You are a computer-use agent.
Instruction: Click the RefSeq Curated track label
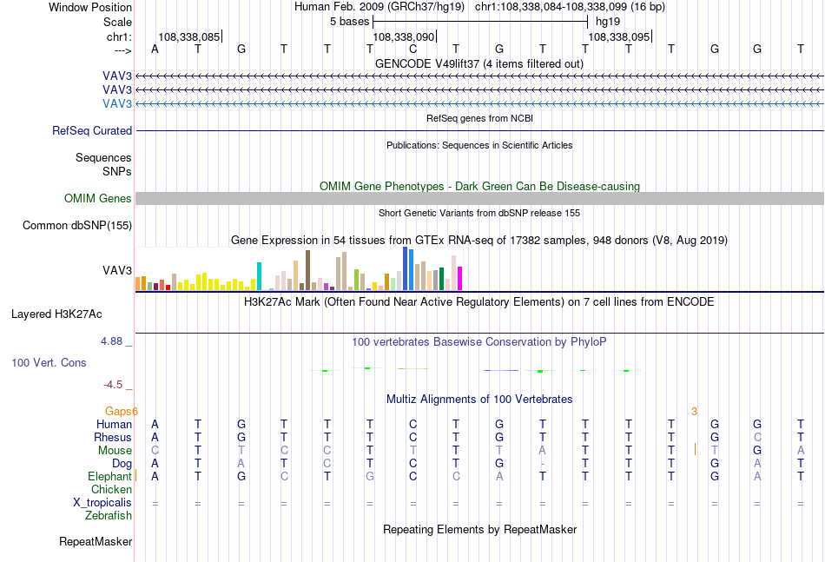92,130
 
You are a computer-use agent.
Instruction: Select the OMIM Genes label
98,198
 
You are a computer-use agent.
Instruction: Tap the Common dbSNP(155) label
77,225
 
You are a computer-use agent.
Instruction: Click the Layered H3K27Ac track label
56,314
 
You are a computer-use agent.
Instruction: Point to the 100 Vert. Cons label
49,362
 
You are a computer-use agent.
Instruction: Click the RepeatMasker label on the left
96,541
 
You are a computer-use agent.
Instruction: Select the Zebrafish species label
109,516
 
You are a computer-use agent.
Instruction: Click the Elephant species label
110,476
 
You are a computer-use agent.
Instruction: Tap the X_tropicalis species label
102,503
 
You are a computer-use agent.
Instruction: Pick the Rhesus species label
113,437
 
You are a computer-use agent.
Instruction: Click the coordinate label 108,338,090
404,36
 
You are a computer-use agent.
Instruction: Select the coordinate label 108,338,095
618,36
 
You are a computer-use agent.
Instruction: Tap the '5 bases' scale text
350,22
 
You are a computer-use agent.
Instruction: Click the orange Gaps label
120,411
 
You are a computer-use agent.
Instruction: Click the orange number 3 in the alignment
694,411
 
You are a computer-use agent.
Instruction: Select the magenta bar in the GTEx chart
460,278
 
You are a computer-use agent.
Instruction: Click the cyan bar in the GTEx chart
259,276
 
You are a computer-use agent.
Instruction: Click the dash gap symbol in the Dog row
543,464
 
